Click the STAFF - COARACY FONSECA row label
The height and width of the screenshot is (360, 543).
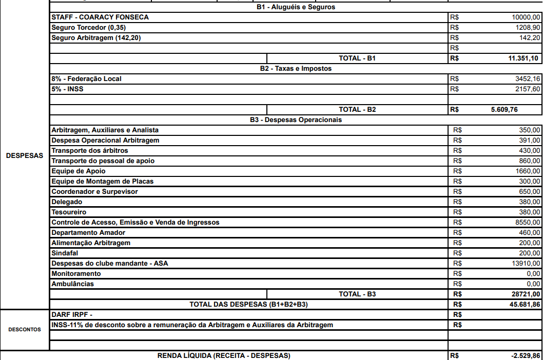(100, 17)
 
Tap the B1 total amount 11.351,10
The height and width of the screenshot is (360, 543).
(523, 58)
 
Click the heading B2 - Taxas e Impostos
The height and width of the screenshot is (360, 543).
(296, 69)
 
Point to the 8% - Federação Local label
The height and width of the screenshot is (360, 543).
(86, 79)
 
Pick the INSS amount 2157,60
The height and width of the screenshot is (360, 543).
(528, 89)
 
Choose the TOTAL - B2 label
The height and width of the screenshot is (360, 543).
(357, 110)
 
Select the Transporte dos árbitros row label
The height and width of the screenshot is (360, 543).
(90, 151)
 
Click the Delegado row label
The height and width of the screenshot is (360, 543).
(67, 202)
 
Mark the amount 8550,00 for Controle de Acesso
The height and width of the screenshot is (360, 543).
(528, 223)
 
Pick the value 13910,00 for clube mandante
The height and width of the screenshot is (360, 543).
(526, 264)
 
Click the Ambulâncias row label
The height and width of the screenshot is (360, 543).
(72, 284)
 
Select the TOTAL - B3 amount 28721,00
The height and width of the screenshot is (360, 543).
(526, 294)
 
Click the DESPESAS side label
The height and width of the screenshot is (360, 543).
(25, 155)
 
